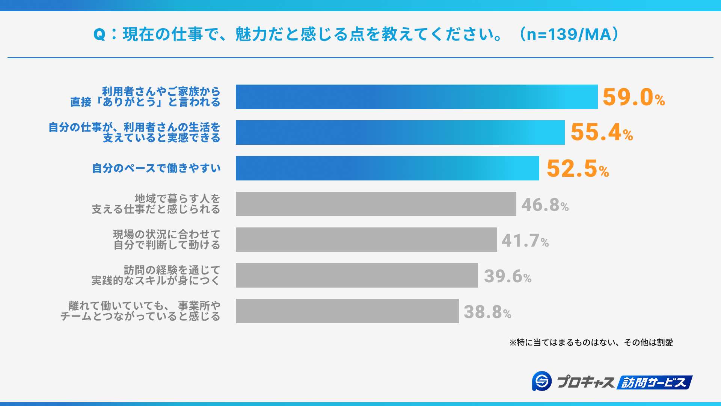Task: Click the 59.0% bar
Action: click(416, 97)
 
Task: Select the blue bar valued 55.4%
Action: click(400, 132)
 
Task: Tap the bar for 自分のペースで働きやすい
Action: click(387, 168)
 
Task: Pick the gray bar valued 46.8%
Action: click(376, 204)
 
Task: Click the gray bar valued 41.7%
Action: click(366, 239)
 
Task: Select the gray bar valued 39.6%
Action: click(357, 275)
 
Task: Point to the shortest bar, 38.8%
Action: click(347, 311)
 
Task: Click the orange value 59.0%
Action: click(634, 97)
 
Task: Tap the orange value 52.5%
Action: click(578, 168)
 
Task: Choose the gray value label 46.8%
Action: click(545, 205)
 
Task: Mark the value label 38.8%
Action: click(487, 312)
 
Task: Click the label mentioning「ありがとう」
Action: click(145, 97)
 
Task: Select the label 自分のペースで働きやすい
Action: click(156, 168)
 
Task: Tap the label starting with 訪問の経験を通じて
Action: click(155, 275)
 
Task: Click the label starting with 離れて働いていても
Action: click(140, 311)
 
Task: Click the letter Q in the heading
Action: click(99, 35)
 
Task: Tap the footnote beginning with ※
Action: click(591, 342)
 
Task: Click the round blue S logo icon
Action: click(542, 381)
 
